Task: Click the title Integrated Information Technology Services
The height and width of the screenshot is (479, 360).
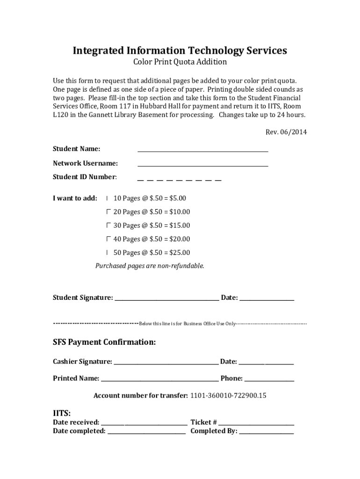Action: coord(180,51)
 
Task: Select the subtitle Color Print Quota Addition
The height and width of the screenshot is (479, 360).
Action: coord(180,62)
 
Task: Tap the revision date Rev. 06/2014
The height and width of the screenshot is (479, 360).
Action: coord(286,132)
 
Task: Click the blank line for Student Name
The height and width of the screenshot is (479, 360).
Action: coord(202,150)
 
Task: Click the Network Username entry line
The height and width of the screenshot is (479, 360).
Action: coord(202,165)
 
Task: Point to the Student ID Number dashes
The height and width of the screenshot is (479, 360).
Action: coord(179,179)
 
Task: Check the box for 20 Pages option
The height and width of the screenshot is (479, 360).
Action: coord(108,211)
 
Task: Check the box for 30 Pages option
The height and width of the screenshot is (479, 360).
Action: coord(108,225)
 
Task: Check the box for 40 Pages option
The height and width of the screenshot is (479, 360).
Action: coord(108,239)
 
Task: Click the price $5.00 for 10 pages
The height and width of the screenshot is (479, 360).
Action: coord(177,198)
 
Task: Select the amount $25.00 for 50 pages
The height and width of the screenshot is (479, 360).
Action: coord(180,253)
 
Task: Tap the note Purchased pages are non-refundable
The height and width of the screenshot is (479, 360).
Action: coord(150,266)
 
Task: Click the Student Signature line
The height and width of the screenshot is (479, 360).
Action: coord(166,299)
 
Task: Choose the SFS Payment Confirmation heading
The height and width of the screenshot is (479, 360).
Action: coord(104,342)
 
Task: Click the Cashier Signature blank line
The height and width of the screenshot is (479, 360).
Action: coord(166,363)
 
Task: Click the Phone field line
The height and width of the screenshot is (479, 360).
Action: coord(269,380)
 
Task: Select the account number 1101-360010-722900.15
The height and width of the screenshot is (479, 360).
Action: coord(228,396)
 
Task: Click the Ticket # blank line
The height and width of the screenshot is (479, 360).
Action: coord(256,423)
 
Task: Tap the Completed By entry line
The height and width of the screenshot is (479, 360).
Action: coord(266,433)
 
